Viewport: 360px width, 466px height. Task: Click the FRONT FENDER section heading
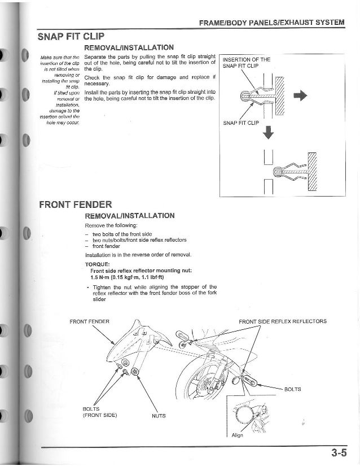(76, 204)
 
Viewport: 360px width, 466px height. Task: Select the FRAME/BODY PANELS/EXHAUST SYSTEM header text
(271, 23)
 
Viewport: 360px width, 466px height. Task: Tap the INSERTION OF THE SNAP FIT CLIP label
(247, 63)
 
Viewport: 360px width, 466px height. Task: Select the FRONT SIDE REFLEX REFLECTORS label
(282, 321)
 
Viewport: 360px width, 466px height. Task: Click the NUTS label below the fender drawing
(159, 416)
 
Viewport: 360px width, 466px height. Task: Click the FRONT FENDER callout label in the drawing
(89, 321)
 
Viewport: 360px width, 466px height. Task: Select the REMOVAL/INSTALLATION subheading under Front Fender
(129, 216)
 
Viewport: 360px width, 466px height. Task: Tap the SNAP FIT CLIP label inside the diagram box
(241, 122)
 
